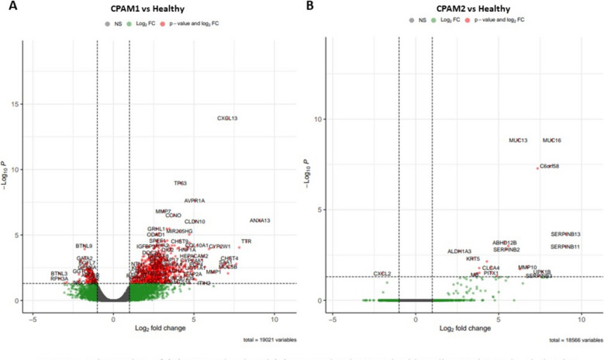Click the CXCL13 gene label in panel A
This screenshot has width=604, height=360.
227,119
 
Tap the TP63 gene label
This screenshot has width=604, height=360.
180,183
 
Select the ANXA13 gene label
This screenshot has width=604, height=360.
260,221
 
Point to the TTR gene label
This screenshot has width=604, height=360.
246,241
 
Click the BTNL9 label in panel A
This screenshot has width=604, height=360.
84,246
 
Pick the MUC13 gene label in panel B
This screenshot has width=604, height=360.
518,140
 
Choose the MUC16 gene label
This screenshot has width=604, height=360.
552,140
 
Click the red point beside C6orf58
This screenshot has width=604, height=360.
537,168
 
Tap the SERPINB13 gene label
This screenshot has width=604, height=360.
565,234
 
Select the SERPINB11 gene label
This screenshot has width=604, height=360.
565,247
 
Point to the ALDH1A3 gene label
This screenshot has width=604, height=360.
460,251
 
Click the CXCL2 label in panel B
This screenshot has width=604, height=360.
382,274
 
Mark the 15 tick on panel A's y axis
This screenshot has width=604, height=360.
16,105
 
